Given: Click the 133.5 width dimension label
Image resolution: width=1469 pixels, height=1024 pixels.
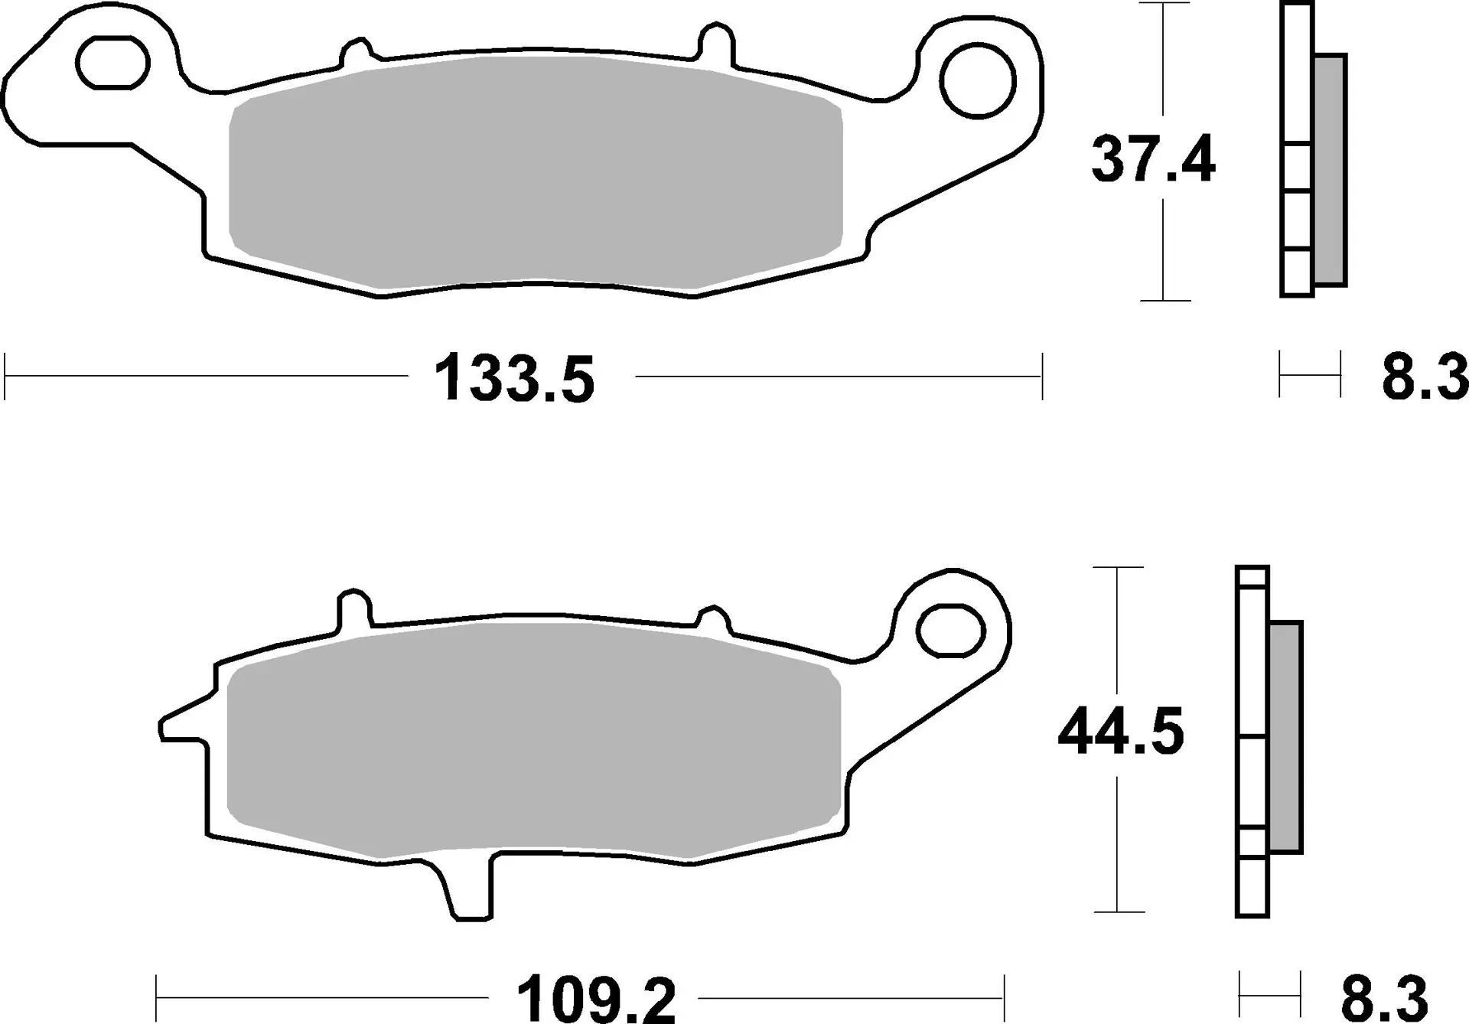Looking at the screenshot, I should pos(513,379).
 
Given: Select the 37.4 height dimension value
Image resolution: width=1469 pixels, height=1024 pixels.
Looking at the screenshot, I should pos(1152,160).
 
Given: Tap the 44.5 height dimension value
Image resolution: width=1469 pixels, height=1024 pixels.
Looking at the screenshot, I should pos(1120,732).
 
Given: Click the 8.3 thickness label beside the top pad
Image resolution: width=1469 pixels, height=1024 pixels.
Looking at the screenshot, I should pos(1425,377).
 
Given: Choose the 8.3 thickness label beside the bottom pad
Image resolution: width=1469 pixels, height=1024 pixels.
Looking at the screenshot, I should pos(1384,997).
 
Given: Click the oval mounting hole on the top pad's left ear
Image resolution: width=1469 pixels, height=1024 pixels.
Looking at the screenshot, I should pos(112,61).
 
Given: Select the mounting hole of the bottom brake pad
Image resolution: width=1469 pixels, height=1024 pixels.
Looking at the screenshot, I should pos(949,630).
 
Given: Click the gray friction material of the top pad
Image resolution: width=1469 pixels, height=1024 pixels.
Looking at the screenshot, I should pos(536,172).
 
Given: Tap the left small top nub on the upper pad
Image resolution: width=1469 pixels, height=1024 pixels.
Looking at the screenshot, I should pos(356,52).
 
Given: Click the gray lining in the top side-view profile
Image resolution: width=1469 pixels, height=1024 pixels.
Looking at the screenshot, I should pos(1330,169).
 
